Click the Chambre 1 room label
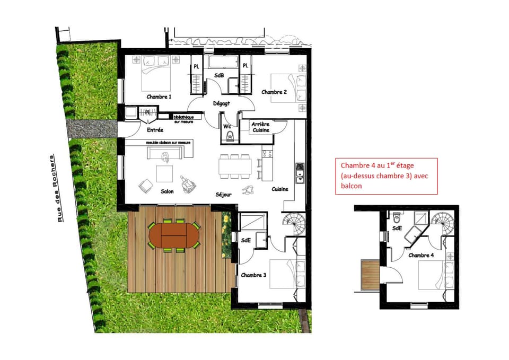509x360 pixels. click(x=159, y=97)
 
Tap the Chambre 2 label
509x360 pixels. click(x=274, y=92)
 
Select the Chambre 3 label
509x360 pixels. click(x=253, y=275)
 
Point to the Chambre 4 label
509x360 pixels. click(x=421, y=256)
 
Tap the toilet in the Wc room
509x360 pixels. click(x=230, y=137)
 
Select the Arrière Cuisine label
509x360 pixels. click(x=261, y=127)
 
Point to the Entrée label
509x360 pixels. click(x=155, y=129)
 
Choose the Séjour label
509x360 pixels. click(x=224, y=195)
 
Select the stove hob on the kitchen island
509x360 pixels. click(x=267, y=154)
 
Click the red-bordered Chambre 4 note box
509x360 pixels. click(x=386, y=176)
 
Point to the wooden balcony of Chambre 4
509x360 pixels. click(x=368, y=275)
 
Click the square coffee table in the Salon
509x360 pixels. click(x=164, y=174)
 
